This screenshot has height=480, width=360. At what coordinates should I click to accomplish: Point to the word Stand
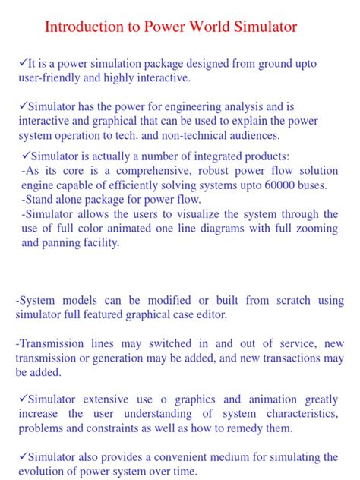point(43,200)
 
